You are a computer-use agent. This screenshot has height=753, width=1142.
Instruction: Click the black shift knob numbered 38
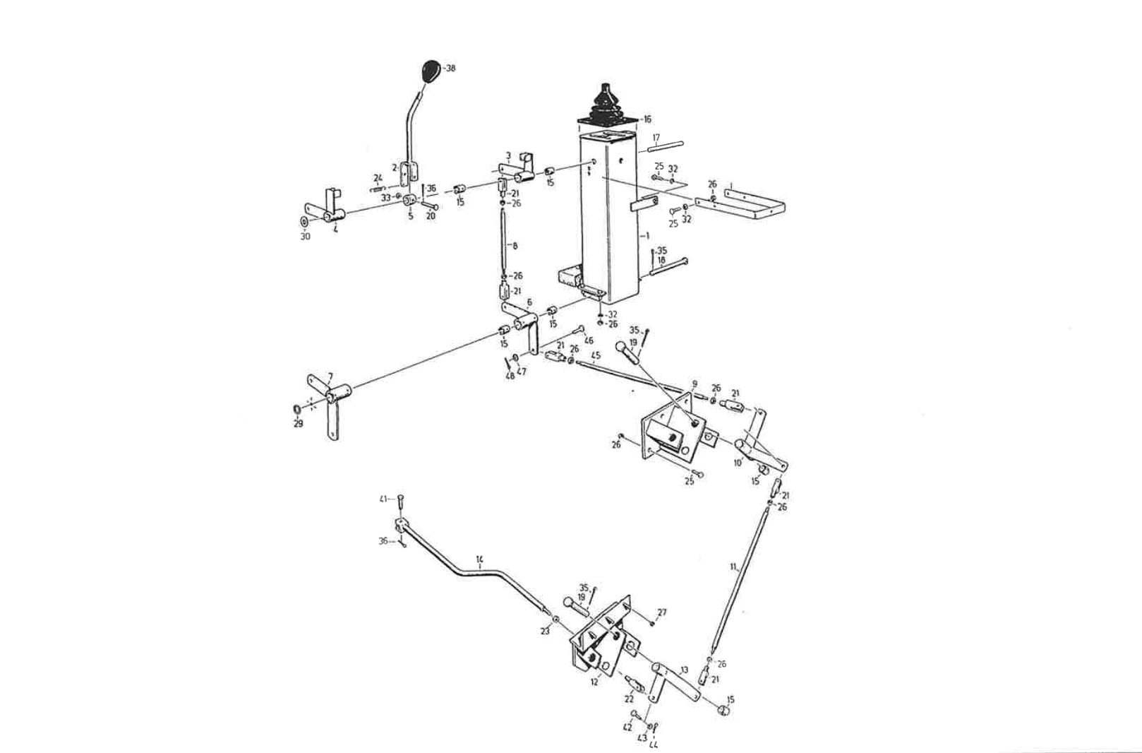(430, 71)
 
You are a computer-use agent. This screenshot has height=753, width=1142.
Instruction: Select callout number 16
(647, 120)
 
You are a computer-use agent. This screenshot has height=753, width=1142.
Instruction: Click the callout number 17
(656, 138)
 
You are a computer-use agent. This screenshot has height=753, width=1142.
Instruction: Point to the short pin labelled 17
(665, 146)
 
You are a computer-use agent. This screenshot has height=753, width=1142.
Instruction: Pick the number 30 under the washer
(305, 237)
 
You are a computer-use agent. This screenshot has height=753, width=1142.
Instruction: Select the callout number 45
(596, 355)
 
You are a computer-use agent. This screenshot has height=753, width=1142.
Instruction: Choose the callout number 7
(330, 376)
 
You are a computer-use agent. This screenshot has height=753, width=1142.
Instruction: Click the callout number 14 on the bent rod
(479, 560)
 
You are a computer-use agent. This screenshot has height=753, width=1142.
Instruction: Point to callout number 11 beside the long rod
(733, 567)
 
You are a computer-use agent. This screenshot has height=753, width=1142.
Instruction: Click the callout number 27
(661, 612)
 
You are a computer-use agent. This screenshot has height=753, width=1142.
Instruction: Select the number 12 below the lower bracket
(594, 682)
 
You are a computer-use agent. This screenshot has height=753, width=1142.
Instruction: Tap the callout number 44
(653, 744)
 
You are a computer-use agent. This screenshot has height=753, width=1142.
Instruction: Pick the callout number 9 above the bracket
(695, 384)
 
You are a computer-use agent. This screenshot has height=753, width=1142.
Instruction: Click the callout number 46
(589, 341)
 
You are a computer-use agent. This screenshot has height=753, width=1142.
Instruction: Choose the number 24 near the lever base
(378, 178)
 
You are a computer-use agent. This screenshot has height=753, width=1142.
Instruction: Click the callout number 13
(684, 670)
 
